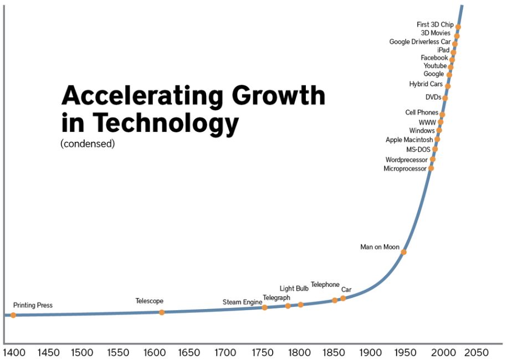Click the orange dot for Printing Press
point(13,315)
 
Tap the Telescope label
point(150,301)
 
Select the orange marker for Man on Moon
point(404,252)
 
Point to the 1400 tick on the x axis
point(13,352)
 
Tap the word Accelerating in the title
point(139,95)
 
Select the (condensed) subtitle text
point(87,144)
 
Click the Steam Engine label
point(242,302)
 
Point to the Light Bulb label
point(294,289)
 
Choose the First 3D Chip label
point(435,25)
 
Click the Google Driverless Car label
point(420,42)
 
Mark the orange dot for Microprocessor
point(431,168)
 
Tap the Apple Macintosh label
point(409,140)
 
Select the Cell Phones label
point(422,113)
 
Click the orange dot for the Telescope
point(162,312)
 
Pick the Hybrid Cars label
point(426,84)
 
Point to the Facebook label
point(434,58)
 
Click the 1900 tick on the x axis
point(370,352)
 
